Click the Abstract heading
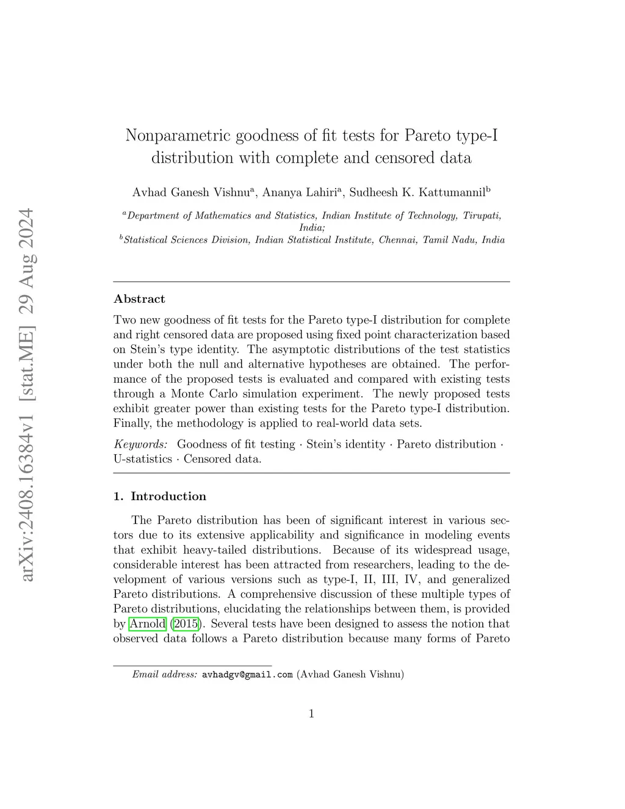click(139, 299)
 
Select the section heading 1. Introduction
click(160, 496)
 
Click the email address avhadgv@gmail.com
click(247, 675)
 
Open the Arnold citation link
click(148, 623)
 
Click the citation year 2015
click(186, 623)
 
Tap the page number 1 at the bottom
click(311, 713)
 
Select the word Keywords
click(140, 444)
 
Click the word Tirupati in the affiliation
click(482, 216)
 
